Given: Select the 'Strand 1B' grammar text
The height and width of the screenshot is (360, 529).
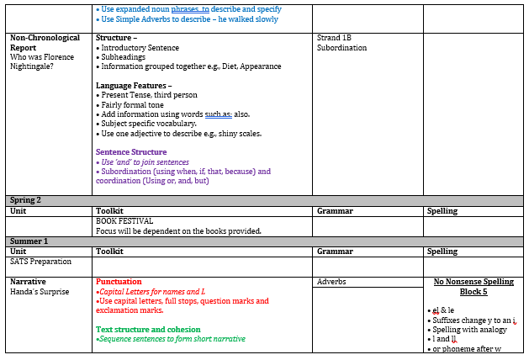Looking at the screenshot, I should [334, 38].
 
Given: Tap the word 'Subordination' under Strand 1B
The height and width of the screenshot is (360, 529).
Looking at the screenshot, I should [342, 48].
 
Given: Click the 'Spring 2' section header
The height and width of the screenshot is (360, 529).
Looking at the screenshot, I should [25, 200].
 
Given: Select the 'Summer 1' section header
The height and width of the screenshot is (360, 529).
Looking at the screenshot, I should [29, 241].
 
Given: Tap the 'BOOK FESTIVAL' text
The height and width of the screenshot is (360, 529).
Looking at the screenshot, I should [124, 221].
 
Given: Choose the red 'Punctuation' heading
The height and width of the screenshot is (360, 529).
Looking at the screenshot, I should [119, 282].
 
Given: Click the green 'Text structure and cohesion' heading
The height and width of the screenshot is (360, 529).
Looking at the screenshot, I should [148, 330].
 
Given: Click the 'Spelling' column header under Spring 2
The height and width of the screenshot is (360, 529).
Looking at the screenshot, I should [442, 211].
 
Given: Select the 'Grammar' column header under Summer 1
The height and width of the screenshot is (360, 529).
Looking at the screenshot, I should [335, 251].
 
